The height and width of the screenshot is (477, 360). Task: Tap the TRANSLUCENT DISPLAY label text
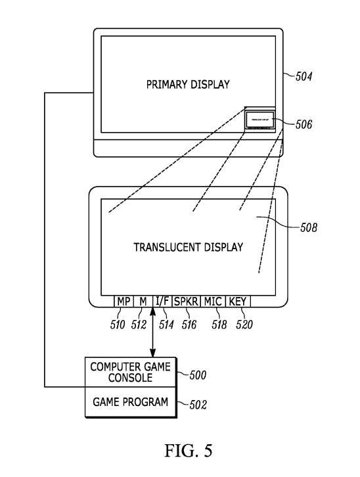[189, 248]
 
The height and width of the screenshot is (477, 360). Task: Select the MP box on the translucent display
[123, 301]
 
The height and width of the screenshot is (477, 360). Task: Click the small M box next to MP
[142, 301]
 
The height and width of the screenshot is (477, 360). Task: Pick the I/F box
[162, 301]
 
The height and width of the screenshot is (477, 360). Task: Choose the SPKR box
[185, 301]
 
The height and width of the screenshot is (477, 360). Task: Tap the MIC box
[212, 301]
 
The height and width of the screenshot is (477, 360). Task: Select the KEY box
[236, 301]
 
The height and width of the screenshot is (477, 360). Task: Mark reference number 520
[242, 324]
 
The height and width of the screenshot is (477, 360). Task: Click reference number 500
[198, 375]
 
